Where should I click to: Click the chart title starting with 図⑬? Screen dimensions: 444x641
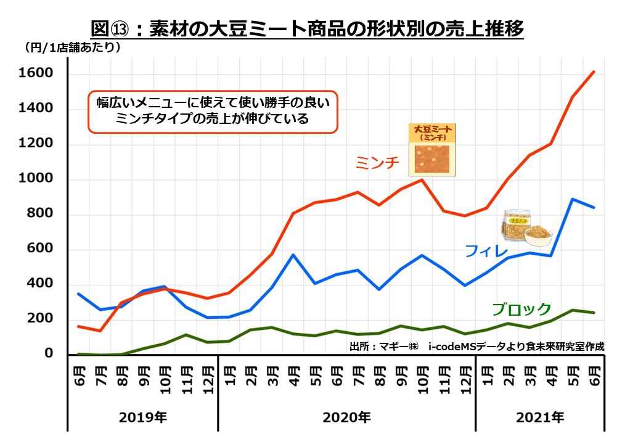click(x=306, y=29)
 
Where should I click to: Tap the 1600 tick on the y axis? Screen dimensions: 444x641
click(x=36, y=74)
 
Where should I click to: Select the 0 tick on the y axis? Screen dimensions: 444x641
click(x=48, y=354)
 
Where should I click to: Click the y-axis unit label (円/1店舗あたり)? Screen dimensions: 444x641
click(x=73, y=47)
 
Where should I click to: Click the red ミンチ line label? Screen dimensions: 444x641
click(x=377, y=163)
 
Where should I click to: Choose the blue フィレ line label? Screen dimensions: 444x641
click(x=486, y=251)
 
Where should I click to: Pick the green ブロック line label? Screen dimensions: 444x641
click(x=521, y=309)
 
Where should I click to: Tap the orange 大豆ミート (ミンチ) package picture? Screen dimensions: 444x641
click(x=433, y=150)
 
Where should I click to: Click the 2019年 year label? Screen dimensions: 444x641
click(x=142, y=417)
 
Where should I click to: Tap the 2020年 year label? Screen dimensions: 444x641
click(x=346, y=417)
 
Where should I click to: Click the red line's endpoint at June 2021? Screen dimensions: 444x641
click(x=594, y=72)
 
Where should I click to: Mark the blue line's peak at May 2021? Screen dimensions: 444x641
click(x=573, y=199)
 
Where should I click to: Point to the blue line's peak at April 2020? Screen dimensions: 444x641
click(x=294, y=255)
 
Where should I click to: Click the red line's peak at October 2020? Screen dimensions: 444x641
click(x=422, y=180)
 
